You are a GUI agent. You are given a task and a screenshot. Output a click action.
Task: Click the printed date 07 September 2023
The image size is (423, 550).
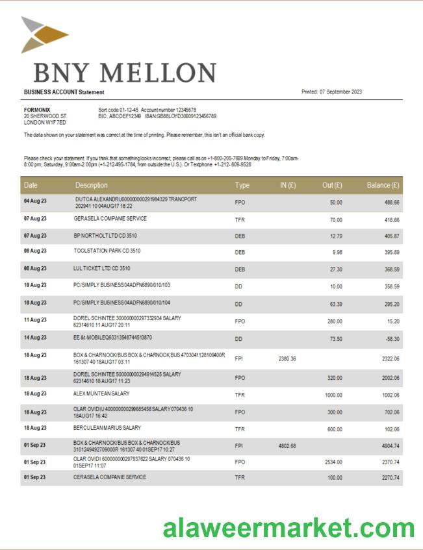(x=340, y=92)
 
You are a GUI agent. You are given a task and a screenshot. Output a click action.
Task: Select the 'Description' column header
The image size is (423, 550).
(x=92, y=186)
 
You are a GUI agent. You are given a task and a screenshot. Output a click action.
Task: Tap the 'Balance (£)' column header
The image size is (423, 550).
(x=383, y=186)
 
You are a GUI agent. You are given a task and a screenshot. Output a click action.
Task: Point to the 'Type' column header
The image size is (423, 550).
(x=242, y=186)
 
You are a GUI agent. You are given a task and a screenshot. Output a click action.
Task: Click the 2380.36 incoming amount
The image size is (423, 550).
(x=287, y=359)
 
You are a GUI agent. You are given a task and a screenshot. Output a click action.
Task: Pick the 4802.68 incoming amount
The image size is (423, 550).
(x=287, y=445)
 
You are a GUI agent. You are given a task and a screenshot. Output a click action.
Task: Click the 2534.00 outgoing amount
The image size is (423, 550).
(x=333, y=462)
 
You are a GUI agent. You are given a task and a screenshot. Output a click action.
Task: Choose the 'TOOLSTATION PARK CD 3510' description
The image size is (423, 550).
(x=107, y=251)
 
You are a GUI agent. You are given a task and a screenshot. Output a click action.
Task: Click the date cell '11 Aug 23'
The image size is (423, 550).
(x=35, y=319)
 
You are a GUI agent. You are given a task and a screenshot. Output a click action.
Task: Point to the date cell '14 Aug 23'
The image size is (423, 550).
(x=35, y=338)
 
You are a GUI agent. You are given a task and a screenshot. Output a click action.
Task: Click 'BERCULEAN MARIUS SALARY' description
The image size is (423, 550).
(x=107, y=428)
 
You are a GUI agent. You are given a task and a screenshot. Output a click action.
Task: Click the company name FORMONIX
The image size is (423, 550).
(x=37, y=110)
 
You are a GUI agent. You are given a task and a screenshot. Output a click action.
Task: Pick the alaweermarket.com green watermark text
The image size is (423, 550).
(x=288, y=529)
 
